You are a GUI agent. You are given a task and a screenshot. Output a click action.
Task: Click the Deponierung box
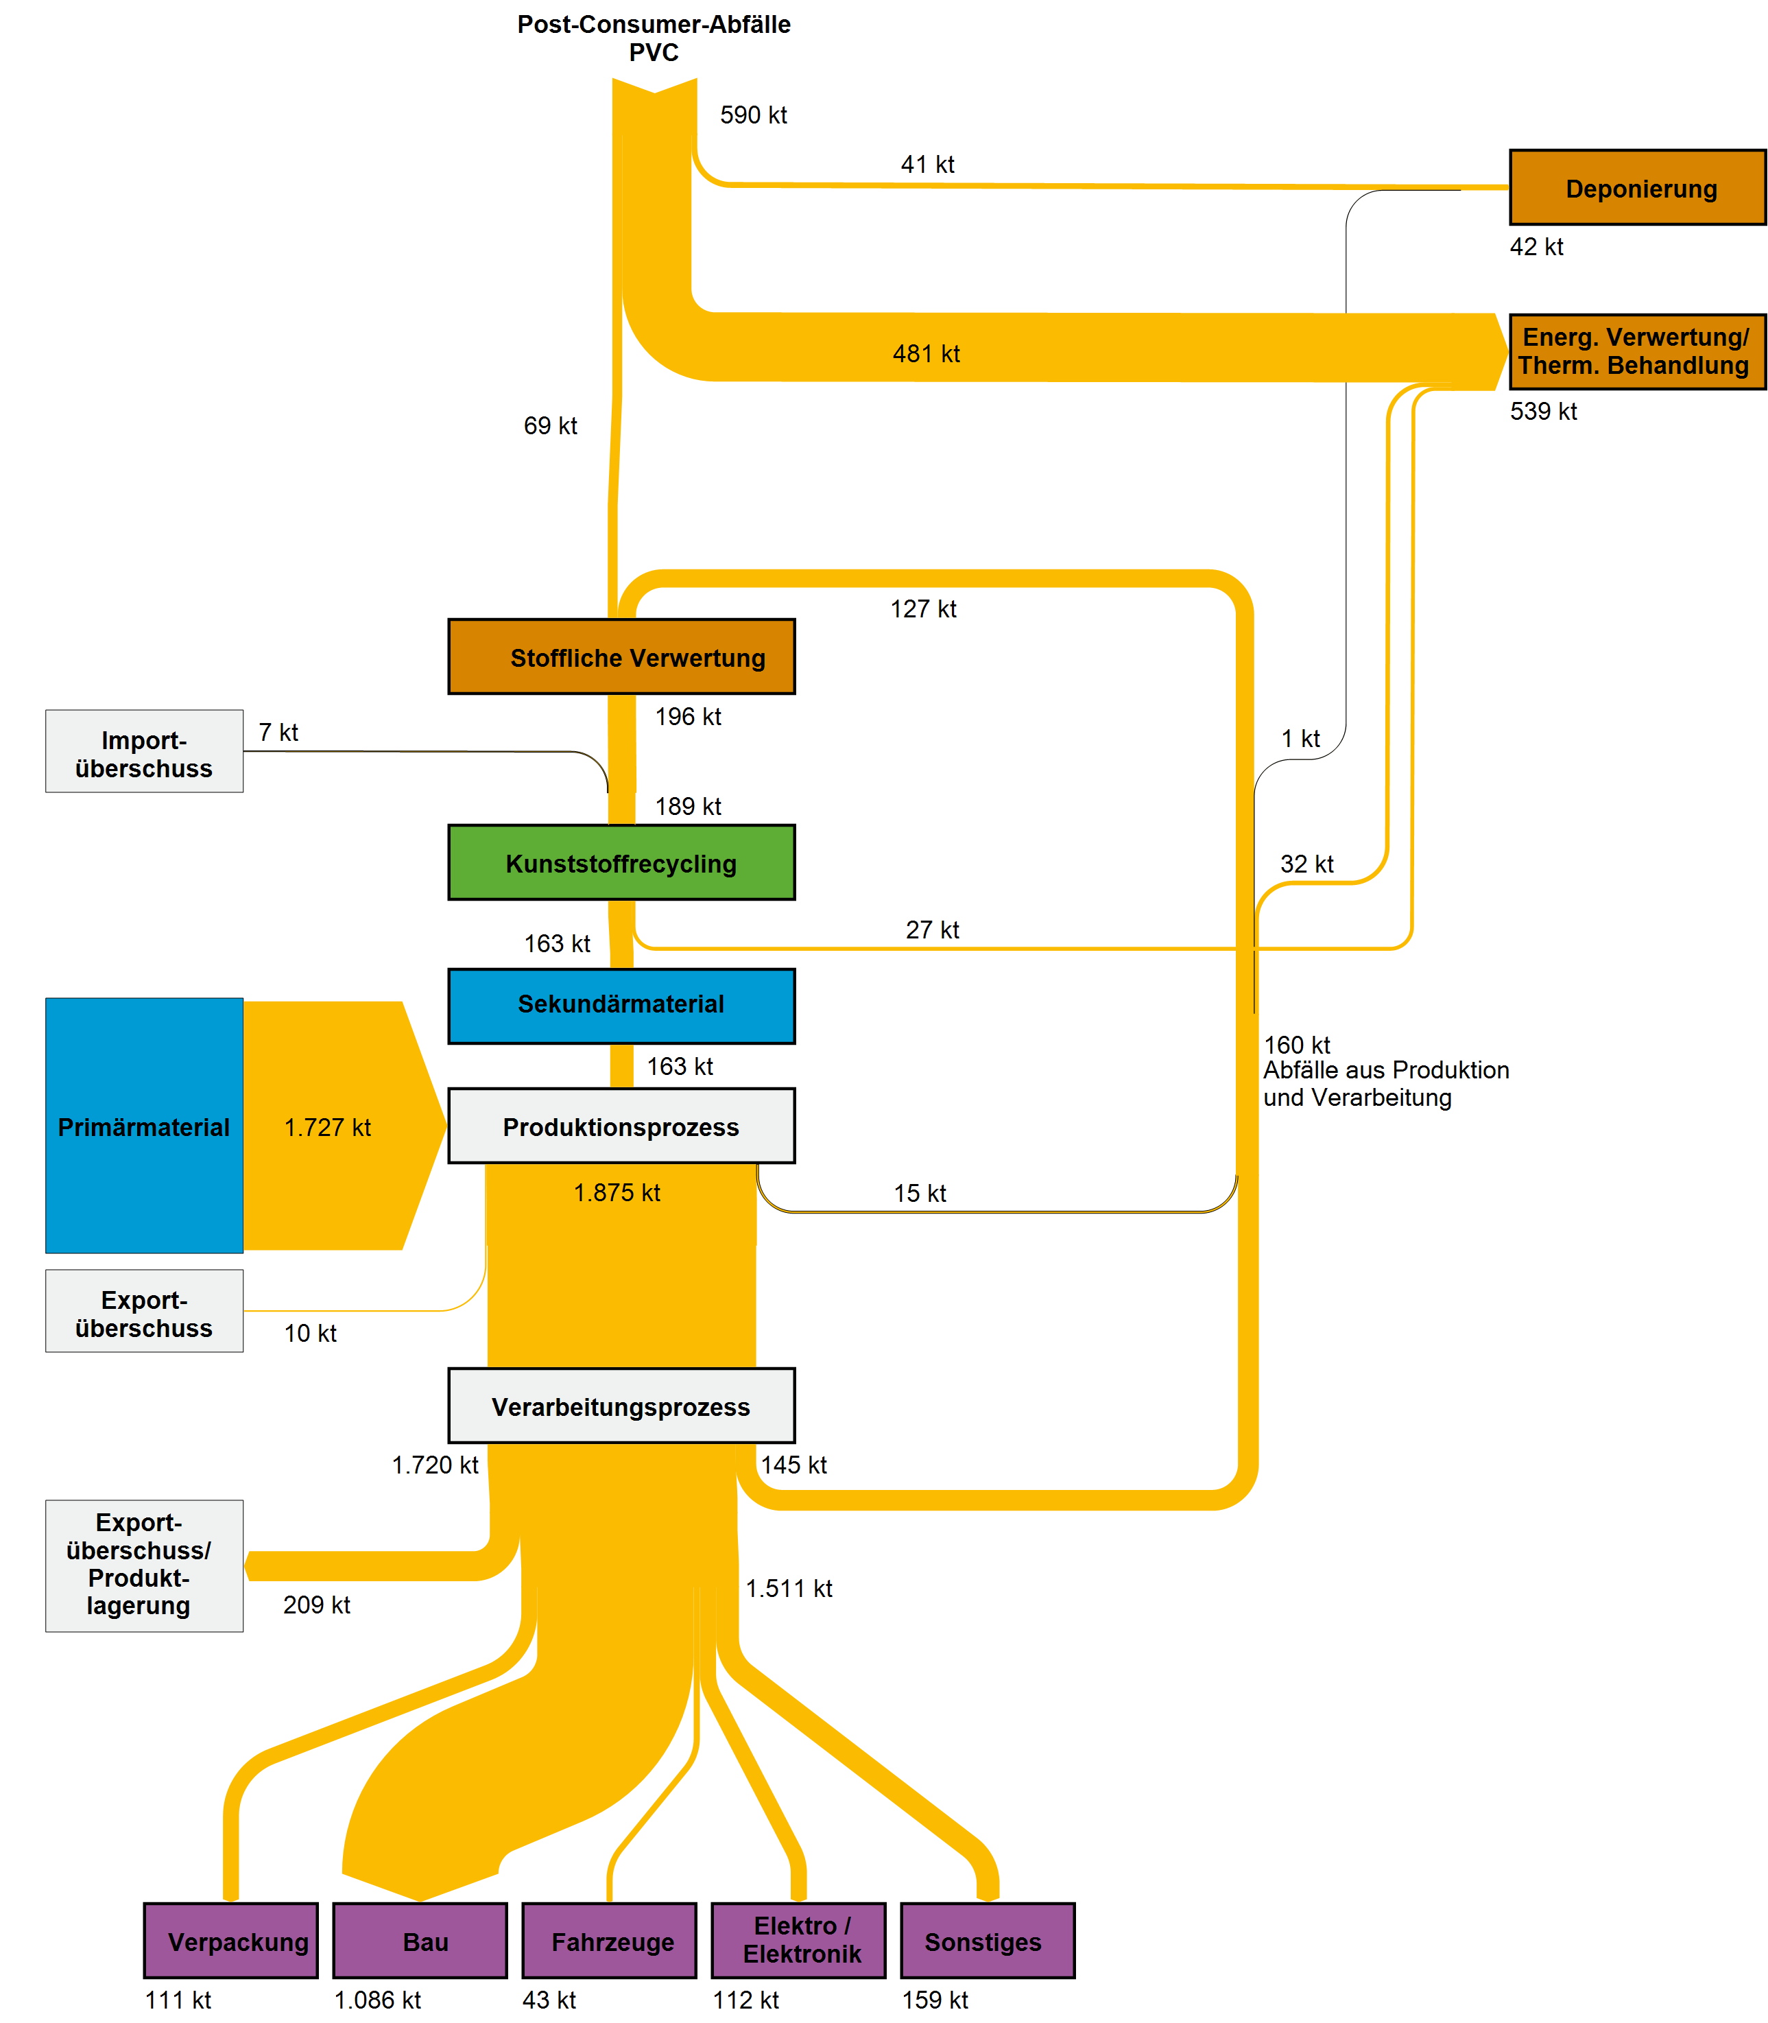1637,187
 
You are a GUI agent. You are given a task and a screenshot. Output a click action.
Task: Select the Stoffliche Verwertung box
621,656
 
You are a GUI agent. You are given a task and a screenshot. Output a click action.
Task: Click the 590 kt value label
753,115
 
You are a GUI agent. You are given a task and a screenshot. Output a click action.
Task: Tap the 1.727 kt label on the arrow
328,1127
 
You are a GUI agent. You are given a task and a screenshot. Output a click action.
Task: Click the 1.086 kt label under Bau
377,1999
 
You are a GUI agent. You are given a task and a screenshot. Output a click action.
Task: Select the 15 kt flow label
920,1193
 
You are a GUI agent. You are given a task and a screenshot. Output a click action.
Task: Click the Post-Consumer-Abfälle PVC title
654,38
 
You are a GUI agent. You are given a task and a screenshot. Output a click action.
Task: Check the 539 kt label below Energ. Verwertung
1543,412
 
